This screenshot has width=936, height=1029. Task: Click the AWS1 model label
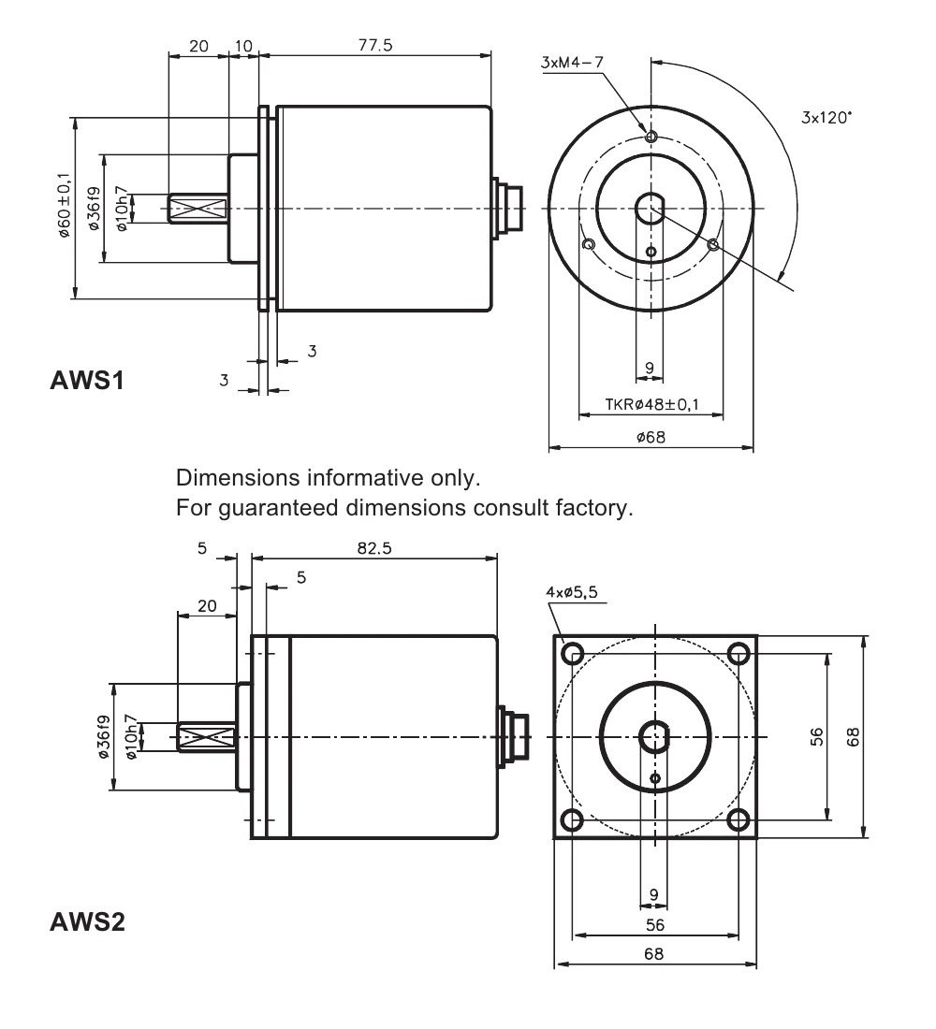87,380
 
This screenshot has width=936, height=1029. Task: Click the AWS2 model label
87,921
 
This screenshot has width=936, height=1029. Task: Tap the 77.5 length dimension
375,45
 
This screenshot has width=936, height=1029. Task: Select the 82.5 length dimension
374,548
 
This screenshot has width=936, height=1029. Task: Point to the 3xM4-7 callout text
572,63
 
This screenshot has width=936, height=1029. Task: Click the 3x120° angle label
826,118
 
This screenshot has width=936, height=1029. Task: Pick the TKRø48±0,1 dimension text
651,404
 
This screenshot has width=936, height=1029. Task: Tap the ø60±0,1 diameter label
64,205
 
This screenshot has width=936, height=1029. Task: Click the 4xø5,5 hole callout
572,592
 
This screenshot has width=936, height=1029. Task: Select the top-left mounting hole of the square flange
573,653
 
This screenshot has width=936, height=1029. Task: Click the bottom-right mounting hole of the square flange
739,819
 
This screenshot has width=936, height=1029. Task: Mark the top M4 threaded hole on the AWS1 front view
651,137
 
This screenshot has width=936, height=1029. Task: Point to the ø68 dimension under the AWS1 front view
651,437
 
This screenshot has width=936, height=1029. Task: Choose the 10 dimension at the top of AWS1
243,46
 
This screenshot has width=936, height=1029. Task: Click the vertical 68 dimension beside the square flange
854,737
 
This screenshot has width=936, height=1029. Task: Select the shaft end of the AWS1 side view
197,209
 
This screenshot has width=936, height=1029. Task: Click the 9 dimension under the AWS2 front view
653,894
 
